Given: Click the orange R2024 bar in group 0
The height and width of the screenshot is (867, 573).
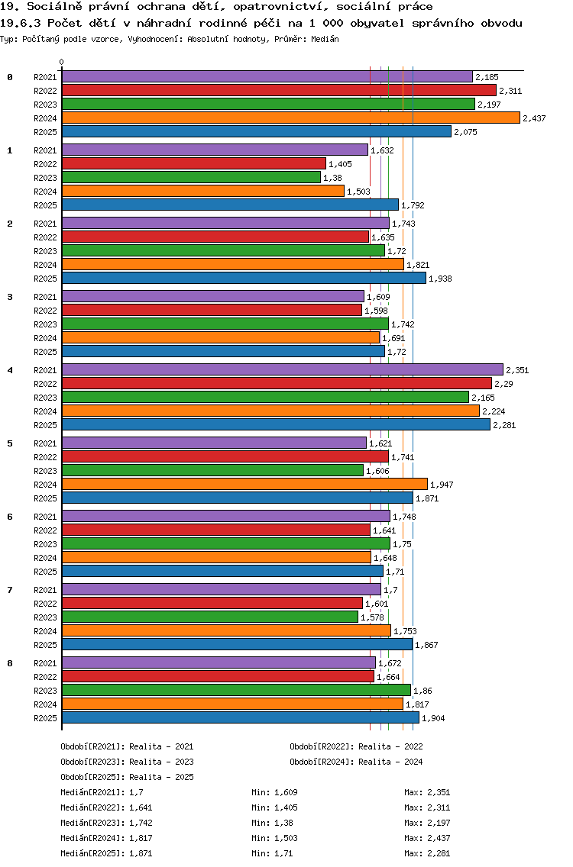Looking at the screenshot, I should click(290, 118).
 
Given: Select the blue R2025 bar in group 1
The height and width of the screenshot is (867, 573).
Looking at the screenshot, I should click(230, 205).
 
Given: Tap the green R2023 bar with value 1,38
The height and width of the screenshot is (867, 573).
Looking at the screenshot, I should click(191, 177).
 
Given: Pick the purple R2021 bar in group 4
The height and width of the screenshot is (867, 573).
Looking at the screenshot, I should click(282, 369).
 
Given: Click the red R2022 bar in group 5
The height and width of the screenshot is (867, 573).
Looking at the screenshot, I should click(225, 456).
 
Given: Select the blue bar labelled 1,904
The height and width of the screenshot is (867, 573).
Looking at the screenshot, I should click(240, 717).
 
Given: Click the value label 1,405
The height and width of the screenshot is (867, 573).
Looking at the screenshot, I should click(340, 164).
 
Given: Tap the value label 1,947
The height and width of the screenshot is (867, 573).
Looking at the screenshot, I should click(442, 485).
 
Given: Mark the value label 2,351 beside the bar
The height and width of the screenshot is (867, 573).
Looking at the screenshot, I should click(517, 370).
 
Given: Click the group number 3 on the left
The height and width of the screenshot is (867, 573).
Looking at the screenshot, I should click(10, 297).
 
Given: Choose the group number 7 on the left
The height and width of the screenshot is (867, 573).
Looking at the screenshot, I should click(10, 590).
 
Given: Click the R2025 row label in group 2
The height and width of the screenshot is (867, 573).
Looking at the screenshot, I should click(45, 279).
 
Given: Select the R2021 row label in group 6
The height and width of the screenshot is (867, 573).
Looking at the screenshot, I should click(45, 517).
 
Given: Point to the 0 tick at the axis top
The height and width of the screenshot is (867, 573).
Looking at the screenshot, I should click(62, 63).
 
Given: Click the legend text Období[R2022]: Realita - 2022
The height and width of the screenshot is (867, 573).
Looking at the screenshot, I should click(356, 746).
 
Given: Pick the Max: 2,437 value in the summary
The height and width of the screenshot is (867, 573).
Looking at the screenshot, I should click(427, 838).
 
